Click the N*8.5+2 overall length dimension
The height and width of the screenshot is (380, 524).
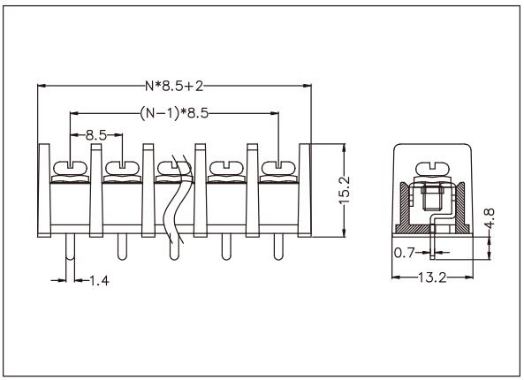(x=174, y=87)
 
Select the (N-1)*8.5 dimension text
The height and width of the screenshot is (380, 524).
(x=174, y=113)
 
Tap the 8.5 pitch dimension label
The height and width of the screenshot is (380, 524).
(x=96, y=137)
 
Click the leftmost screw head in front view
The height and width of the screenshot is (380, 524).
(x=68, y=166)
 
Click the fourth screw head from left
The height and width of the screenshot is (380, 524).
(x=223, y=166)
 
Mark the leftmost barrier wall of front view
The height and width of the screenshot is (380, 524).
(x=42, y=190)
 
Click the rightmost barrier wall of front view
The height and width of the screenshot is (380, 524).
(x=306, y=190)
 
